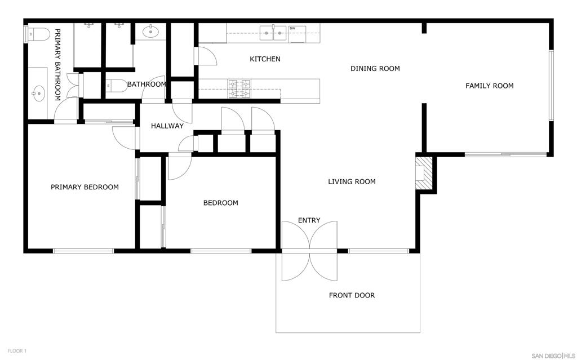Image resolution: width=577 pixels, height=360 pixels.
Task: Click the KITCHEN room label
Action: point(265,59)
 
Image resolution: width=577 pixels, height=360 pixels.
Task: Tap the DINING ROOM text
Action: point(375,69)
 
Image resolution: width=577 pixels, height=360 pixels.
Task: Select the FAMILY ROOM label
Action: point(490,86)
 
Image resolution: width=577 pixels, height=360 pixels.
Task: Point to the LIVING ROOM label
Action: point(352,181)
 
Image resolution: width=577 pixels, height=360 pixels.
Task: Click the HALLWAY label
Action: point(167,126)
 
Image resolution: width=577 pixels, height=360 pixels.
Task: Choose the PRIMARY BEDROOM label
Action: point(85,187)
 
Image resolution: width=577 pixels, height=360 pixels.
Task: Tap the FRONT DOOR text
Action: point(352,295)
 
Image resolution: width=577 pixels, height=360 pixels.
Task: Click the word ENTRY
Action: point(309,220)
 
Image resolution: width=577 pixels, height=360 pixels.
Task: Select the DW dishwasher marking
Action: point(292,28)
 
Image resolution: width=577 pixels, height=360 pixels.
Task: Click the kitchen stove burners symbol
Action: point(239,89)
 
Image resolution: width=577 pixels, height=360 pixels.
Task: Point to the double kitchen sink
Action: point(273,33)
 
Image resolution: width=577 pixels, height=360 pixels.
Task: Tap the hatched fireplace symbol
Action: point(424,174)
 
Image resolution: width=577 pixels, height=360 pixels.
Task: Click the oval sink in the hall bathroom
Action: point(150,32)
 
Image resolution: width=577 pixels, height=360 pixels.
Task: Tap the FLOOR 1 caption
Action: point(17,351)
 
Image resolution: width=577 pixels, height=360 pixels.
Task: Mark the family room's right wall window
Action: point(551,86)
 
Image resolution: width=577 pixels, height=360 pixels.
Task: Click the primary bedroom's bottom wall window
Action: point(83,251)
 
